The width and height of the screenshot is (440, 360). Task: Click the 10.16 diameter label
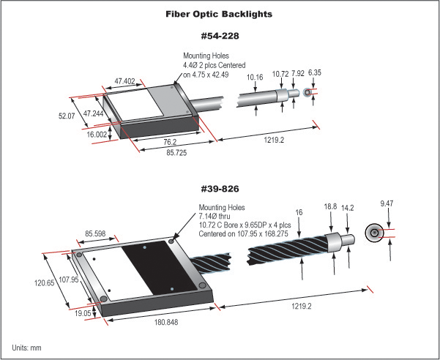click(255, 76)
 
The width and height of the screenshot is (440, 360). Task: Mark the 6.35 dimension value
click(316, 74)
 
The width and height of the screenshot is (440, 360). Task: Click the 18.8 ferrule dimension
click(333, 207)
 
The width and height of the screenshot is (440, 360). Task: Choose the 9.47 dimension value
click(387, 202)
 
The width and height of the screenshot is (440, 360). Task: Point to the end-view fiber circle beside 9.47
click(374, 233)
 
